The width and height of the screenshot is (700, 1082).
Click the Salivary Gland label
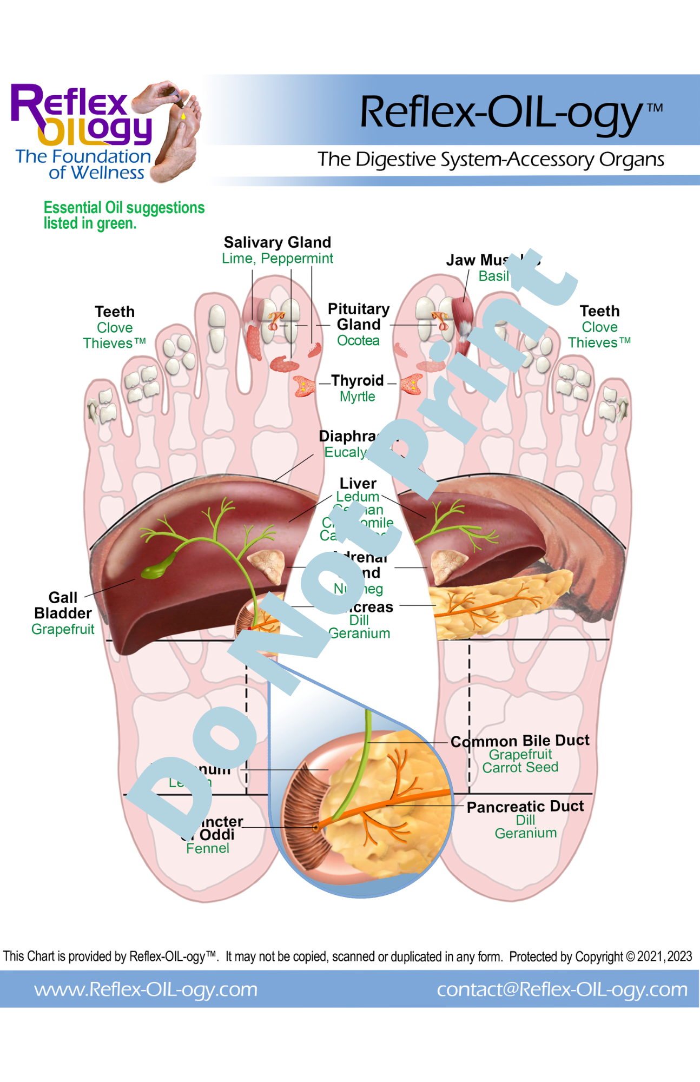277,242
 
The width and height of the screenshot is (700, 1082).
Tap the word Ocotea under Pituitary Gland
358,341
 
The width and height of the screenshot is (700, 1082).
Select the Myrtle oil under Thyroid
357,397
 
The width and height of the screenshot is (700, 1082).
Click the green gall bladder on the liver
157,568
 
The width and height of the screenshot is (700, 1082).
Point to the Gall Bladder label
63,605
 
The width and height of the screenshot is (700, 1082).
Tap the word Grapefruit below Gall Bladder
63,629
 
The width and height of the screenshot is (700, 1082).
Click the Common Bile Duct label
520,741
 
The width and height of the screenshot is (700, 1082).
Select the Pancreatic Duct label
525,807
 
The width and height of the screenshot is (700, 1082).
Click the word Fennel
207,848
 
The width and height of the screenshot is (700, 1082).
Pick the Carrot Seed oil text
520,768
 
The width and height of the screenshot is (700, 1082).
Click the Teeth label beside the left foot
115,312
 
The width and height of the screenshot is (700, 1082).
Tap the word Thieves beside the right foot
593,343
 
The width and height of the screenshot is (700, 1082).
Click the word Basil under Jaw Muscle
493,276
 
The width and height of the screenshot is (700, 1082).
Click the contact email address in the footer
562,989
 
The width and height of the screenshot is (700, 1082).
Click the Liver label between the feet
358,483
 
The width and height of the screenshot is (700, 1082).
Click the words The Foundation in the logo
83,157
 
